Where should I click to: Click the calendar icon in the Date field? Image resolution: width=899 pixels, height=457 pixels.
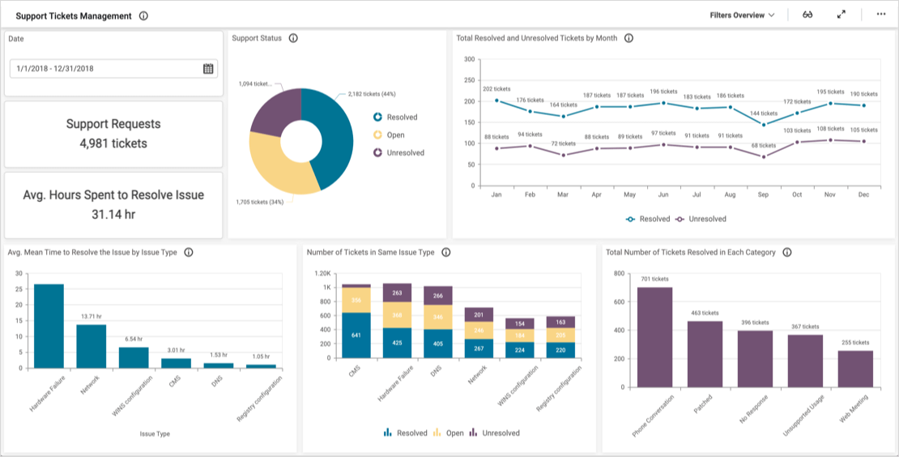point(208,69)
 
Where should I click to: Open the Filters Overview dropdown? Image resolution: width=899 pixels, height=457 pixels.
point(742,15)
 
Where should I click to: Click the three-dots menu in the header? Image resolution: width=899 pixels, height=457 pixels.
point(881,15)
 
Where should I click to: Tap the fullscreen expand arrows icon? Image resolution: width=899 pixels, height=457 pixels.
point(841,15)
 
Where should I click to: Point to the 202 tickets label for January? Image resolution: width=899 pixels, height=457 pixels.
point(496,89)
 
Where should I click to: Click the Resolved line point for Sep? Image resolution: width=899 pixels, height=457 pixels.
point(764,124)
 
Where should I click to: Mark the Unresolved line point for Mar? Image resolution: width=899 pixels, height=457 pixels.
point(564,155)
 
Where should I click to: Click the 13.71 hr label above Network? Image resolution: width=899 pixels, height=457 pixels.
point(91,316)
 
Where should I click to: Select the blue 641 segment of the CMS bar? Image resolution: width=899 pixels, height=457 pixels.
point(356,335)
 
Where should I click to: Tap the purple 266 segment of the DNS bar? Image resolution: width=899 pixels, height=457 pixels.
point(438,296)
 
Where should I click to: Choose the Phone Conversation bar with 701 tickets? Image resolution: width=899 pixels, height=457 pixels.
point(654,336)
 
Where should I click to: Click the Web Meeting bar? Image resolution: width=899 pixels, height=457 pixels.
point(855,368)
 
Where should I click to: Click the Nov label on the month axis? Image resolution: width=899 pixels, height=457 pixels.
point(830,195)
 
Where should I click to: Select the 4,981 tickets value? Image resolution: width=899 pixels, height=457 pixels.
point(113,143)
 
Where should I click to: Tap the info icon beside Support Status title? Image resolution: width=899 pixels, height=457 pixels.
point(293,38)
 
